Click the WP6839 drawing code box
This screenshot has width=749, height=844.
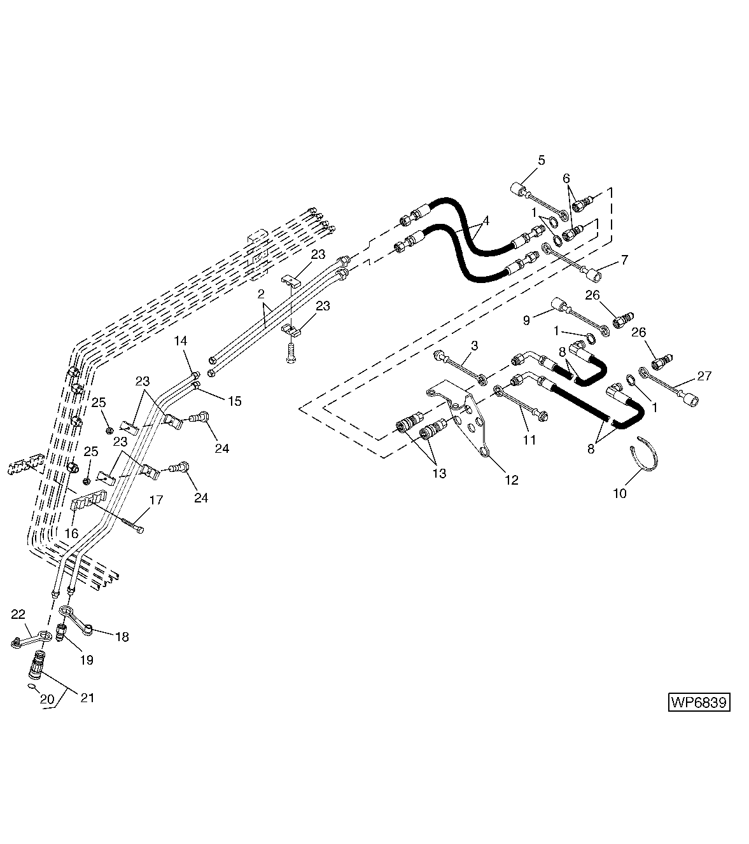[x=698, y=703]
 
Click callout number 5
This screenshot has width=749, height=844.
[x=541, y=160]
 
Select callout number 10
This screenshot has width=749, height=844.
[x=620, y=493]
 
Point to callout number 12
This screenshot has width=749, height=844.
[x=511, y=480]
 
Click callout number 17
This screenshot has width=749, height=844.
[x=156, y=501]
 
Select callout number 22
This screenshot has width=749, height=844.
[x=18, y=614]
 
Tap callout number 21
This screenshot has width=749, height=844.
[x=87, y=698]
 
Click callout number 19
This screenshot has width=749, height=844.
[x=87, y=660]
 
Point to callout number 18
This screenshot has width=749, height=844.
[x=122, y=637]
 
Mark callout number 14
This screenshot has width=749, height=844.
[x=181, y=341]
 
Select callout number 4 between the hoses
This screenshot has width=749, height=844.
[x=486, y=221]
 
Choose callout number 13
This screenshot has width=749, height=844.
[x=438, y=473]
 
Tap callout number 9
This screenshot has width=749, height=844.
[x=526, y=321]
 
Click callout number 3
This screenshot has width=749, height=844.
[x=474, y=345]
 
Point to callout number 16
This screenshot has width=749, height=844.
[x=72, y=534]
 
